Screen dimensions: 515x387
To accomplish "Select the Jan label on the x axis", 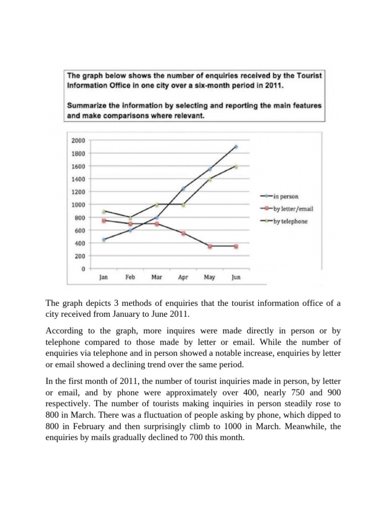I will [103, 277].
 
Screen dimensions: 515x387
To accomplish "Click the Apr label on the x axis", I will [183, 277].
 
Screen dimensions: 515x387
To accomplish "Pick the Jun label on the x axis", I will [236, 277].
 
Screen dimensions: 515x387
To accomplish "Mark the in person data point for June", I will [236, 147].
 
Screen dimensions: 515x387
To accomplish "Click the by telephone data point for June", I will [236, 166].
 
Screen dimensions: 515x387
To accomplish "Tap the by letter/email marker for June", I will [236, 246].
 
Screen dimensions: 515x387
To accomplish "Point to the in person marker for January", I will [103, 240].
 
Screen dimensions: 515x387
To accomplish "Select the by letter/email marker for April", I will [183, 233].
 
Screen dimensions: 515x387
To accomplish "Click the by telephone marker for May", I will [210, 179].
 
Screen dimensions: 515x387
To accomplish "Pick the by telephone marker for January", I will [103, 211].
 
